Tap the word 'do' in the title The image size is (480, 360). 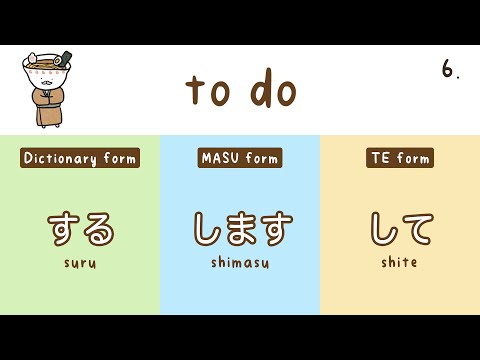coord(272,90)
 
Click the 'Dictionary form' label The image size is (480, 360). coord(80,158)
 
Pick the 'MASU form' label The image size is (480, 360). coord(240,158)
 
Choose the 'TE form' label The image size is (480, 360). coord(400,158)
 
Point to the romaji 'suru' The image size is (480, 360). coord(80,263)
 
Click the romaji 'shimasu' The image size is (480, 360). coord(240,263)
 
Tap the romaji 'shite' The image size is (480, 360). coord(400,263)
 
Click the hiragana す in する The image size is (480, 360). coord(63,229)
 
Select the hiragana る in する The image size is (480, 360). coord(98,229)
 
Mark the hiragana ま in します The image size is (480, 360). coord(240,229)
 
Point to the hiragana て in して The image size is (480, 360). coord(417,229)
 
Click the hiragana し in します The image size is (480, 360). coord(207,229)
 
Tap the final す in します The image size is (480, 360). coord(274,229)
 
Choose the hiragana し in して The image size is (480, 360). coord(383,229)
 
